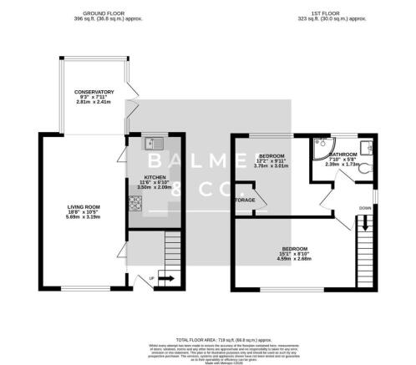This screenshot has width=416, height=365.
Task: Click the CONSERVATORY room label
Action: (x=93, y=92)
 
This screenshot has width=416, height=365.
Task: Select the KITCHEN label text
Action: (x=154, y=177)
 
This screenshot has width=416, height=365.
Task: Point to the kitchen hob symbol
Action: (x=134, y=203)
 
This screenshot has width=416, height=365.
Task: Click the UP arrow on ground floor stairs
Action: (x=164, y=277)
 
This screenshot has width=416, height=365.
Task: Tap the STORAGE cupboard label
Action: (x=245, y=200)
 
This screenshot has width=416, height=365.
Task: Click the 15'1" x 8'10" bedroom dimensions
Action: (x=293, y=256)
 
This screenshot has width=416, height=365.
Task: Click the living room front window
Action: (x=84, y=290)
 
